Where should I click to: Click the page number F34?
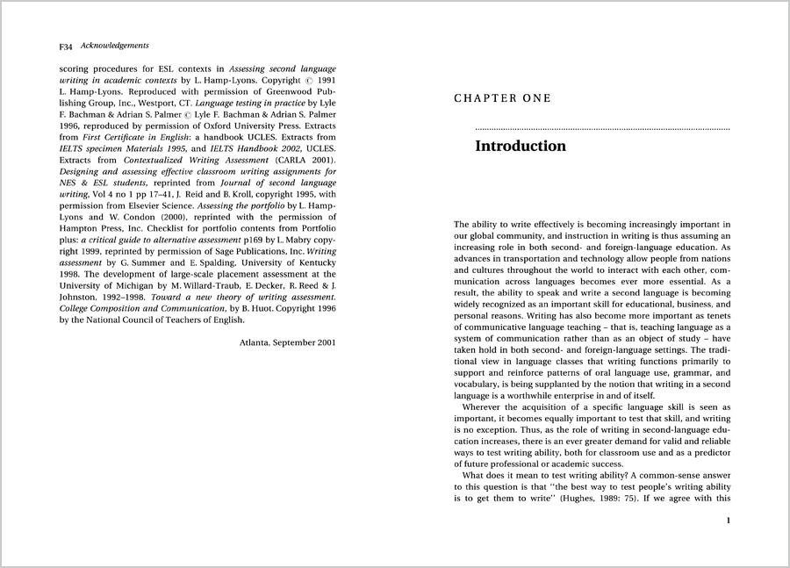point(66,46)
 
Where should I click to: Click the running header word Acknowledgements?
point(114,45)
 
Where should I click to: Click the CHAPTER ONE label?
point(502,98)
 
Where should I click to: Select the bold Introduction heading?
point(521,146)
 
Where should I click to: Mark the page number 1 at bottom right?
point(728,521)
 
